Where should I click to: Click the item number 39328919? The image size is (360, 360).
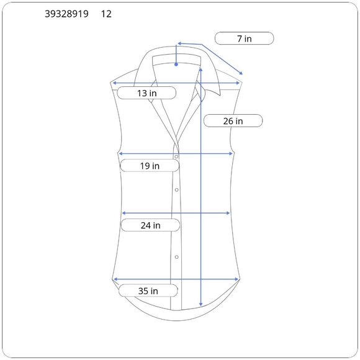(66, 14)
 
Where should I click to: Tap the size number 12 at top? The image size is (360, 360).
(106, 14)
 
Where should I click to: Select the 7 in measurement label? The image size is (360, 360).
(245, 38)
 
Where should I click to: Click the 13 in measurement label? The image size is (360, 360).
(147, 93)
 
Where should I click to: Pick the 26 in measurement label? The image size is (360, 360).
(233, 121)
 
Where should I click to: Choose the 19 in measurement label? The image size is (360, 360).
(150, 166)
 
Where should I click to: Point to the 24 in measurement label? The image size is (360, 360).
(151, 225)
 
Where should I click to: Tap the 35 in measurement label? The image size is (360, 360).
(148, 291)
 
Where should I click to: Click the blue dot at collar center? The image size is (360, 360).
(176, 65)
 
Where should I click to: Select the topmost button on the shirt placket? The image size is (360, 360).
(176, 156)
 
